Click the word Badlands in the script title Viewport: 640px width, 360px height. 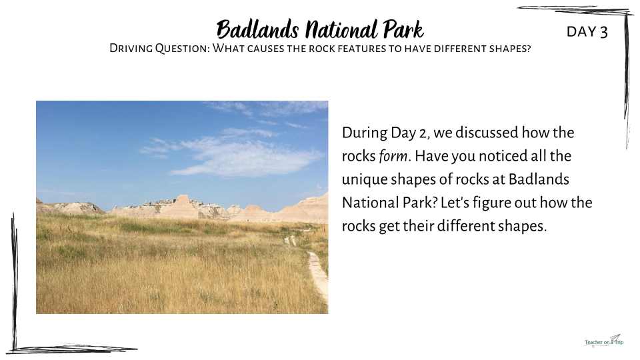tap(257, 29)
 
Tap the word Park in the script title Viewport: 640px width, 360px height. tap(404, 29)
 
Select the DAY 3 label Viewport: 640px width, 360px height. tap(587, 31)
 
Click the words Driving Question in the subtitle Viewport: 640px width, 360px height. tap(159, 49)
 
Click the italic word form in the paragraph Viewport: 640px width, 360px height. tap(393, 156)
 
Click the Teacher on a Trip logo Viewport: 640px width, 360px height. tap(604, 341)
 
